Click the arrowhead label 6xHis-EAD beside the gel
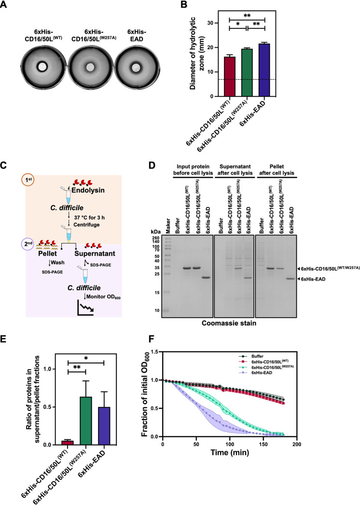(327, 279)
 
